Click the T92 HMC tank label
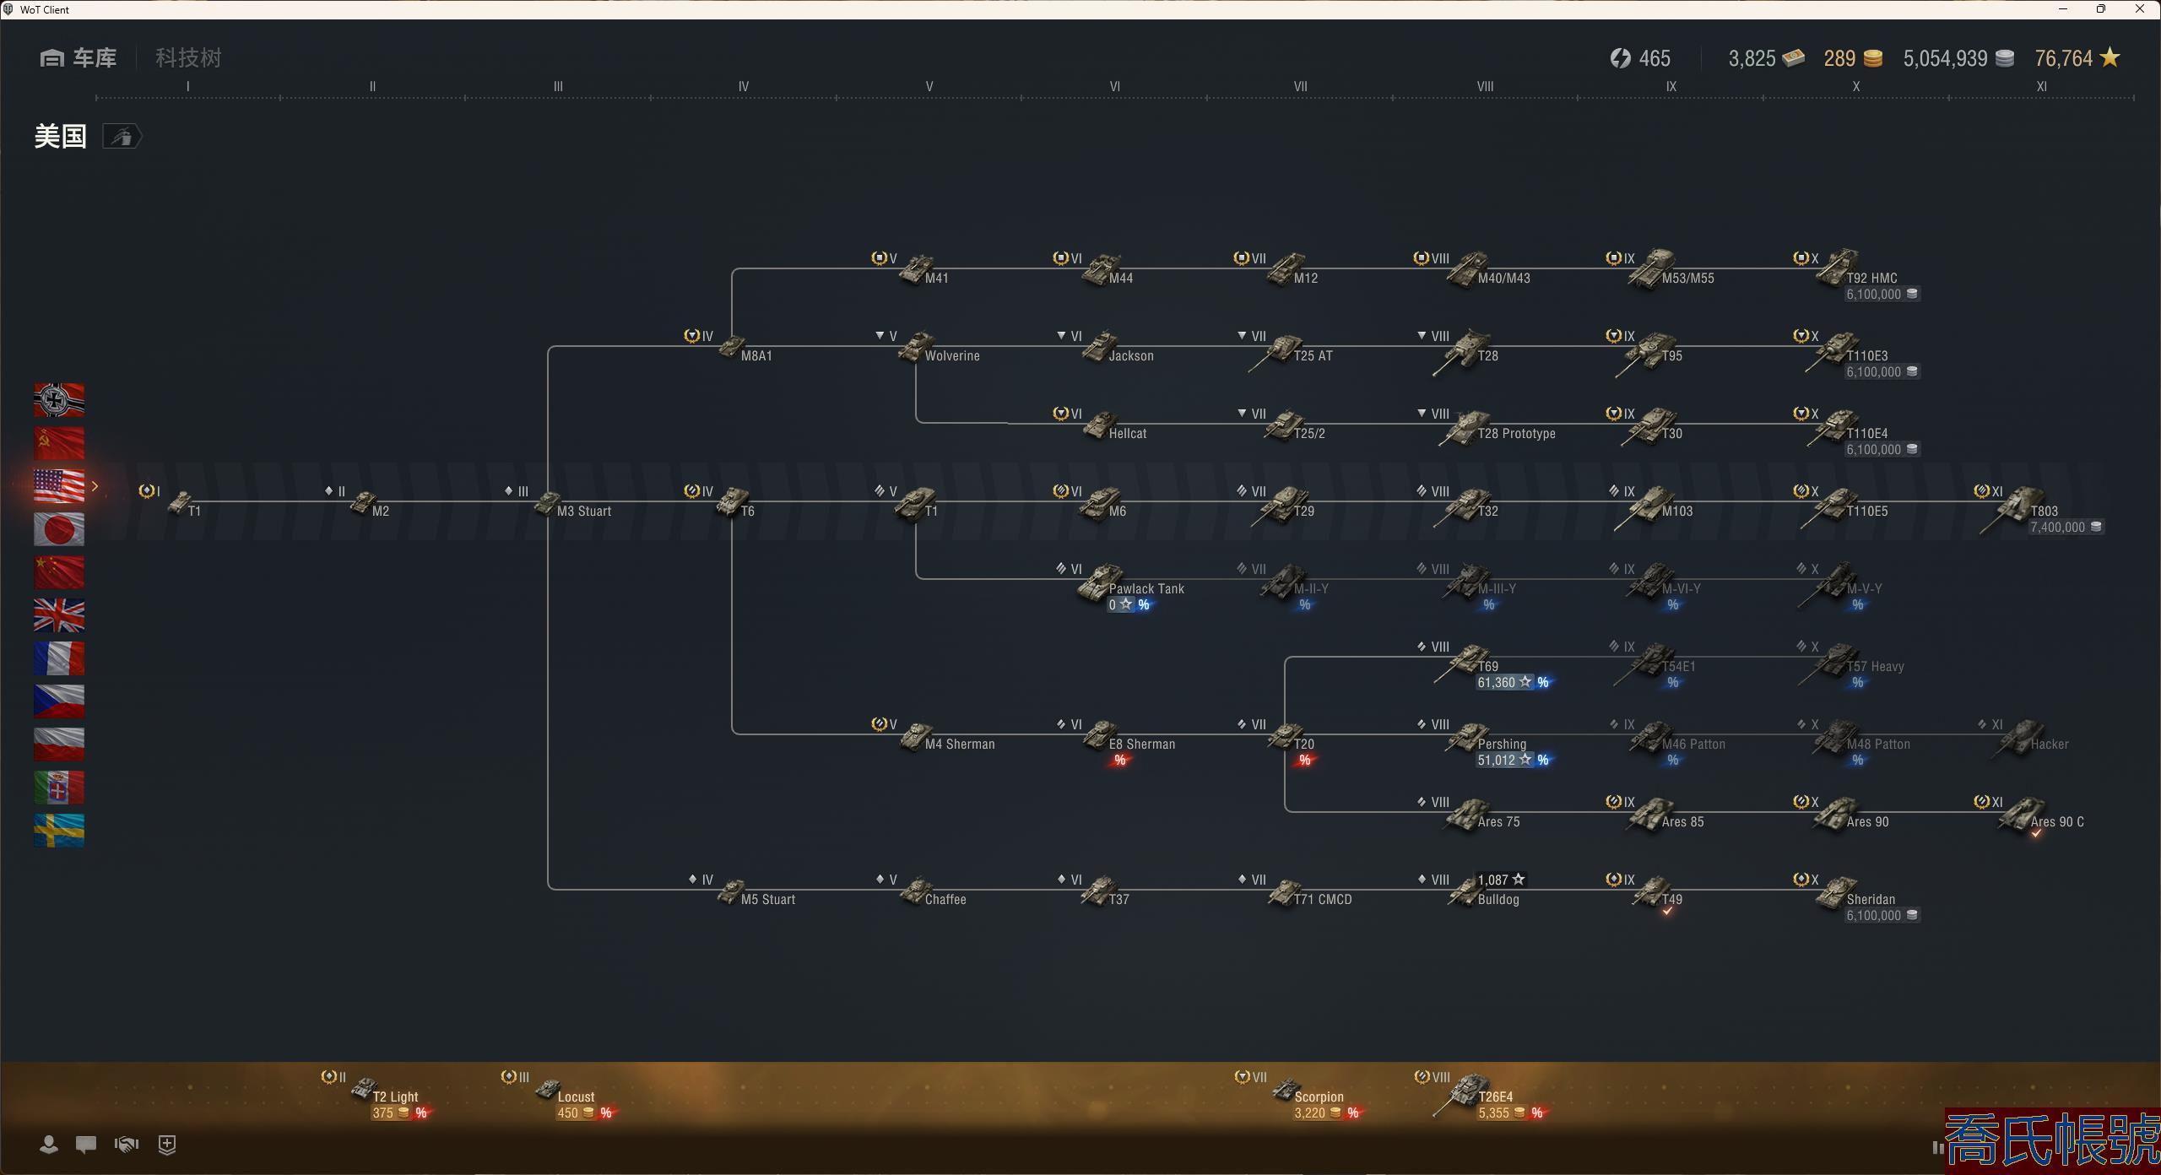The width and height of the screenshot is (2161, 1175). [1871, 278]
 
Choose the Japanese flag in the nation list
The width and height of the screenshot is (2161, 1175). [59, 529]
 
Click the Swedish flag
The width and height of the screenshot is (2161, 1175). [59, 831]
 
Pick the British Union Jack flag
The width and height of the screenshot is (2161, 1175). [59, 615]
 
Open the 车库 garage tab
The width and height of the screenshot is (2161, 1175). [79, 58]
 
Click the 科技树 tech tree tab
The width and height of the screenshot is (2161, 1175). [188, 58]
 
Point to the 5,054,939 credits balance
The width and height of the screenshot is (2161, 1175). [1945, 58]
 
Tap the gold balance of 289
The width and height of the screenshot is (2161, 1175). [1839, 58]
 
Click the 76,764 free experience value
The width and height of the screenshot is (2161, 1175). [2063, 58]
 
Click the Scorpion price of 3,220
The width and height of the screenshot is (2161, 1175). [1310, 1113]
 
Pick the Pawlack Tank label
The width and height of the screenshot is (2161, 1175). [1145, 588]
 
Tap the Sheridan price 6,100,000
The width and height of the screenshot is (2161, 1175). [1873, 916]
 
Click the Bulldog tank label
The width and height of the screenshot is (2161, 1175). [1498, 899]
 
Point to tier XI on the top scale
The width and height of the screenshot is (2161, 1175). [2041, 86]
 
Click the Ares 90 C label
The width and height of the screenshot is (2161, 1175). [2056, 821]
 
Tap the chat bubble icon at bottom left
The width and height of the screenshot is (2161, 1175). [86, 1145]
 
